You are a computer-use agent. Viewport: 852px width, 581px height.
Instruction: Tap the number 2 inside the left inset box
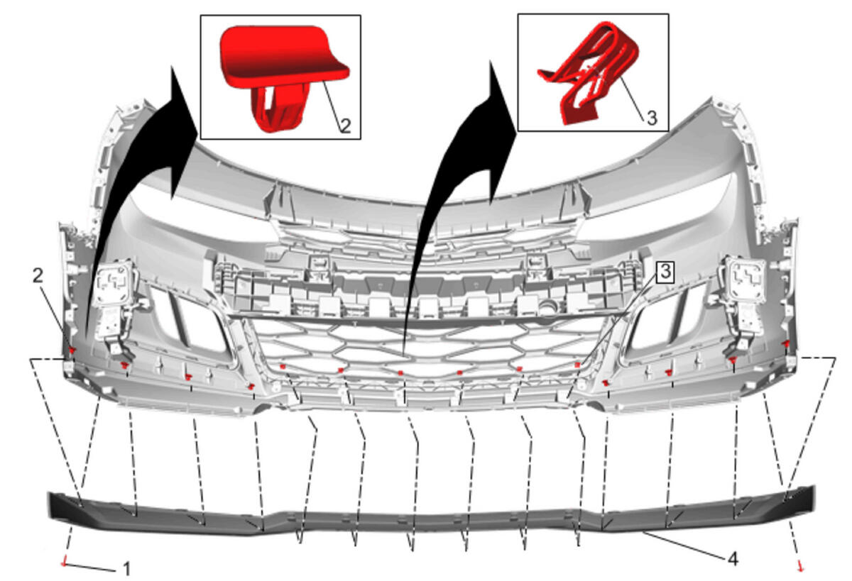tap(345, 126)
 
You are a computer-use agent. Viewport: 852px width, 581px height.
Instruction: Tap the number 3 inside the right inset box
tap(652, 118)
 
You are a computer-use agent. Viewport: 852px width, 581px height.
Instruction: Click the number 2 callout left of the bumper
tap(38, 276)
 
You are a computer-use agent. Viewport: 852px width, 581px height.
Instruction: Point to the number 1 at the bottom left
tap(127, 569)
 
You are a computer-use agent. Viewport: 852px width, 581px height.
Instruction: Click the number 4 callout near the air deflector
tap(733, 559)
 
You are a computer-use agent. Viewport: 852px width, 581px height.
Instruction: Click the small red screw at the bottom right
tap(800, 566)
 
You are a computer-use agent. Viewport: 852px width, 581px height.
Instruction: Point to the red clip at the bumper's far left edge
tap(71, 350)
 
